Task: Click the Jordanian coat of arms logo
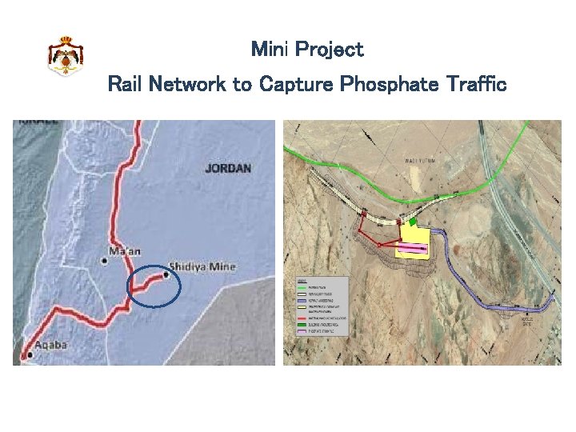tap(66, 56)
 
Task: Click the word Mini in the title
tap(270, 50)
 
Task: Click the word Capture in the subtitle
tap(296, 84)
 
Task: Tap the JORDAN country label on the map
tap(228, 169)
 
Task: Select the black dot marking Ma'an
tap(104, 260)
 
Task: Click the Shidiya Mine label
tap(202, 266)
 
